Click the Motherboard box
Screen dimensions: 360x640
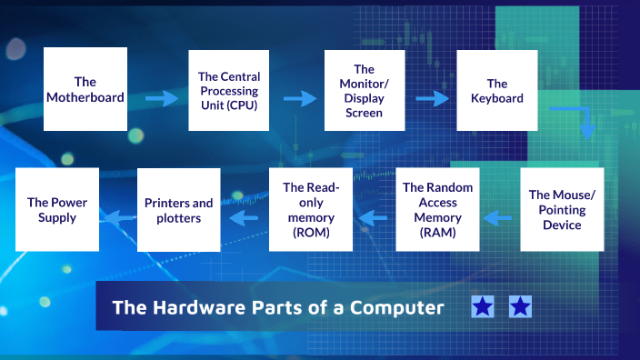click(85, 89)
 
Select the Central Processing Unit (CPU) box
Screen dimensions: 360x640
click(227, 90)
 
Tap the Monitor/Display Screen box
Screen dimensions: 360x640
click(364, 91)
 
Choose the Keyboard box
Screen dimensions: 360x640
click(497, 90)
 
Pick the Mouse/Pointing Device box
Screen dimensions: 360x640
click(562, 209)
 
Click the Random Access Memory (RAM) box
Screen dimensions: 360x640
click(438, 210)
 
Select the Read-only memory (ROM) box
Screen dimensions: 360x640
click(311, 210)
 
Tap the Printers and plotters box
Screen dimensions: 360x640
click(179, 210)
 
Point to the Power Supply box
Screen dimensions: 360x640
click(57, 209)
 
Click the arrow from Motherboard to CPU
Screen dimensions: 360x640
click(162, 98)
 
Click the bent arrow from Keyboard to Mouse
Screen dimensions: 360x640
click(582, 119)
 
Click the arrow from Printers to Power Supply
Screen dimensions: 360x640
click(115, 217)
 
